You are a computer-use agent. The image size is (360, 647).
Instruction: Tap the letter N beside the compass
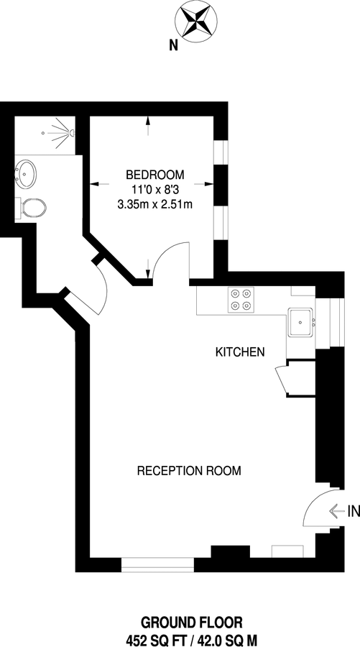pyautogui.click(x=173, y=45)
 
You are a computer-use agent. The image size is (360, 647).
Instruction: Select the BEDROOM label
pyautogui.click(x=155, y=174)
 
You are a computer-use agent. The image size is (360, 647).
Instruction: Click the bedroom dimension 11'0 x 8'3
pyautogui.click(x=155, y=189)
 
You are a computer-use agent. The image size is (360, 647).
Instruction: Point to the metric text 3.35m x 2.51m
pyautogui.click(x=155, y=204)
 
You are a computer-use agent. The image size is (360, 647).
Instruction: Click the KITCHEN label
pyautogui.click(x=241, y=352)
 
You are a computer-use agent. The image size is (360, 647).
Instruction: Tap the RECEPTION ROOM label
pyautogui.click(x=189, y=471)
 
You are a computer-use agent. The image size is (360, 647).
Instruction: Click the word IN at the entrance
pyautogui.click(x=352, y=512)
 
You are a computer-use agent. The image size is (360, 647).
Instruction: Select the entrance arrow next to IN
pyautogui.click(x=336, y=511)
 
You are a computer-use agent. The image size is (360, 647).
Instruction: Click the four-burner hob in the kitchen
pyautogui.click(x=241, y=300)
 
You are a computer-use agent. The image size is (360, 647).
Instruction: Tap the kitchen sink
pyautogui.click(x=300, y=322)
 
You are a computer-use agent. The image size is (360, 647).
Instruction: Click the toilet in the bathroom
pyautogui.click(x=32, y=208)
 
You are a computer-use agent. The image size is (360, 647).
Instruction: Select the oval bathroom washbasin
pyautogui.click(x=27, y=173)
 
